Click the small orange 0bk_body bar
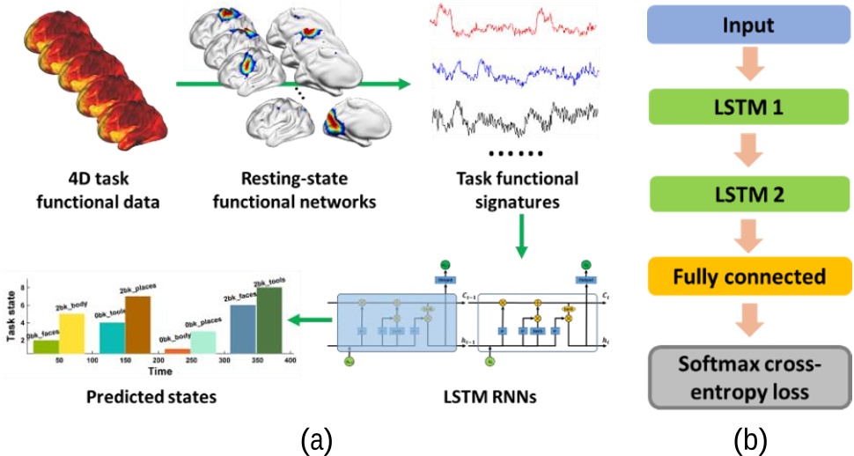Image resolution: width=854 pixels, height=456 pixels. pyautogui.click(x=177, y=351)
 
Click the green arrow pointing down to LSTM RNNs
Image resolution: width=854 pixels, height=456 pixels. pyautogui.click(x=521, y=240)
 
